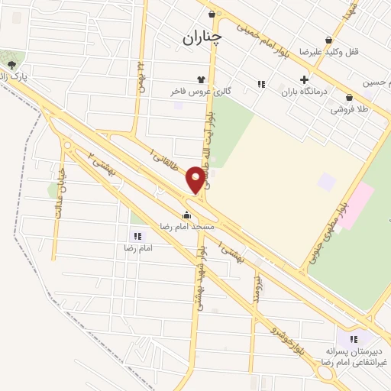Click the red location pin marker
coord(198,179)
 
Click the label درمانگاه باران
coord(304,92)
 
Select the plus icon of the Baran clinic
coord(304,79)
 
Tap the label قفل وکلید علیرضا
coord(330,52)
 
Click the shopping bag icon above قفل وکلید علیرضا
coord(329,40)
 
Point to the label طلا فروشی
coord(349,109)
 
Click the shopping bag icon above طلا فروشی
coord(349,98)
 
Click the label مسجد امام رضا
coord(187,228)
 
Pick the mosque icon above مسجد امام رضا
coord(187,215)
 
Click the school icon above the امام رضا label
coord(138,237)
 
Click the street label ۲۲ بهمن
coord(141,76)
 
